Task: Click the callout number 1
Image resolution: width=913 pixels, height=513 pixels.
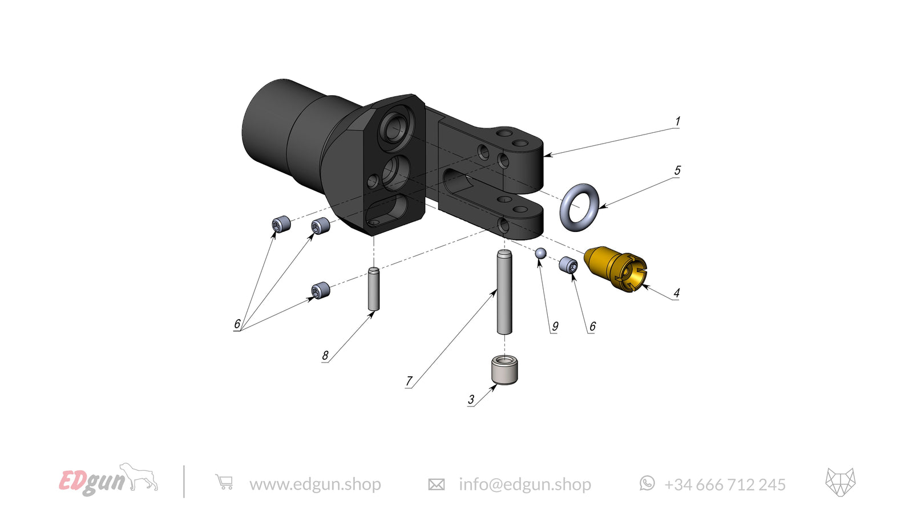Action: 677,121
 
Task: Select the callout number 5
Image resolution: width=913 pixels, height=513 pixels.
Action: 677,170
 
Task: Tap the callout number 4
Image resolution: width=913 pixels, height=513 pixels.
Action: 676,293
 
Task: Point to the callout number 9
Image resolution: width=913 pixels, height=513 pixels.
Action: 555,326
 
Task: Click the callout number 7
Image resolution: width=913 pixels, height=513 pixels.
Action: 409,381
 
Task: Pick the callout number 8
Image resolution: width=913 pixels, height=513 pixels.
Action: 325,355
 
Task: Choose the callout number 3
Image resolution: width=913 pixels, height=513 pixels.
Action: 471,400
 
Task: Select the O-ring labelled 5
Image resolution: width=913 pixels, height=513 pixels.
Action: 579,207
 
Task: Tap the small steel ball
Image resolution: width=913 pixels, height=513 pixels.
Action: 540,253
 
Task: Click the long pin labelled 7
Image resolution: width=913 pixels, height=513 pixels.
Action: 504,292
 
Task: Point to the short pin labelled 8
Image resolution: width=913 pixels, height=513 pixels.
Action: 374,289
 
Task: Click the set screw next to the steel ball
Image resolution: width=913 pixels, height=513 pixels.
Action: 568,264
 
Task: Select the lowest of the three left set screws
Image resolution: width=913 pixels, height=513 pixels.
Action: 321,291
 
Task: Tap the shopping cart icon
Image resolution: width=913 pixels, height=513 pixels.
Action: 224,482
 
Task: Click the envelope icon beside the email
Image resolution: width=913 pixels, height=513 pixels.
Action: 436,484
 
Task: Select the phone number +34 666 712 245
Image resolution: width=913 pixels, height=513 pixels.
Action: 725,484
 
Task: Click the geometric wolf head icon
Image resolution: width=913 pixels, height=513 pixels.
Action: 841,482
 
